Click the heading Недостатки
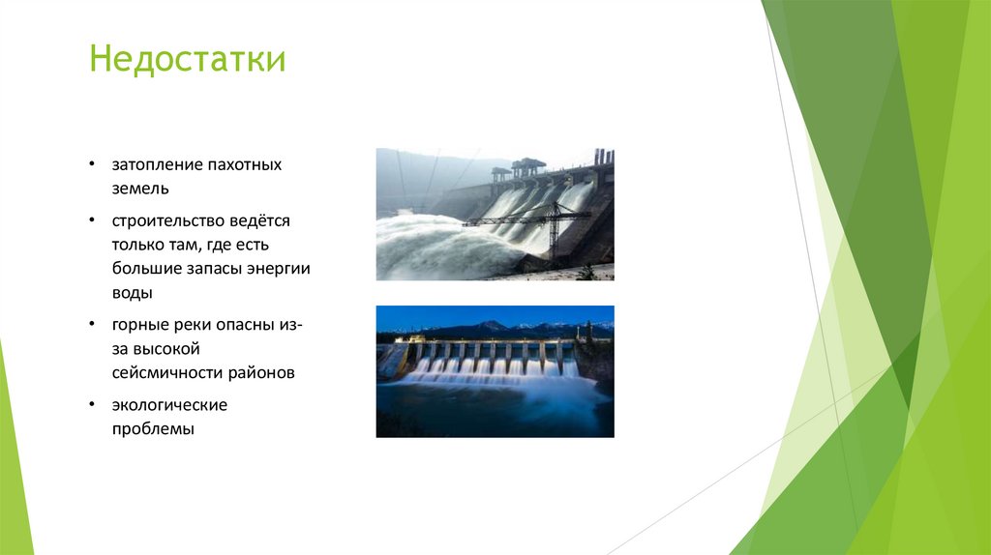187,60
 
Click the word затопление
150,165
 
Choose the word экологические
168,404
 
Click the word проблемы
152,427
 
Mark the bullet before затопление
91,165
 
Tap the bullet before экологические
91,404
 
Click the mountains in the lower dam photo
494,327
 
